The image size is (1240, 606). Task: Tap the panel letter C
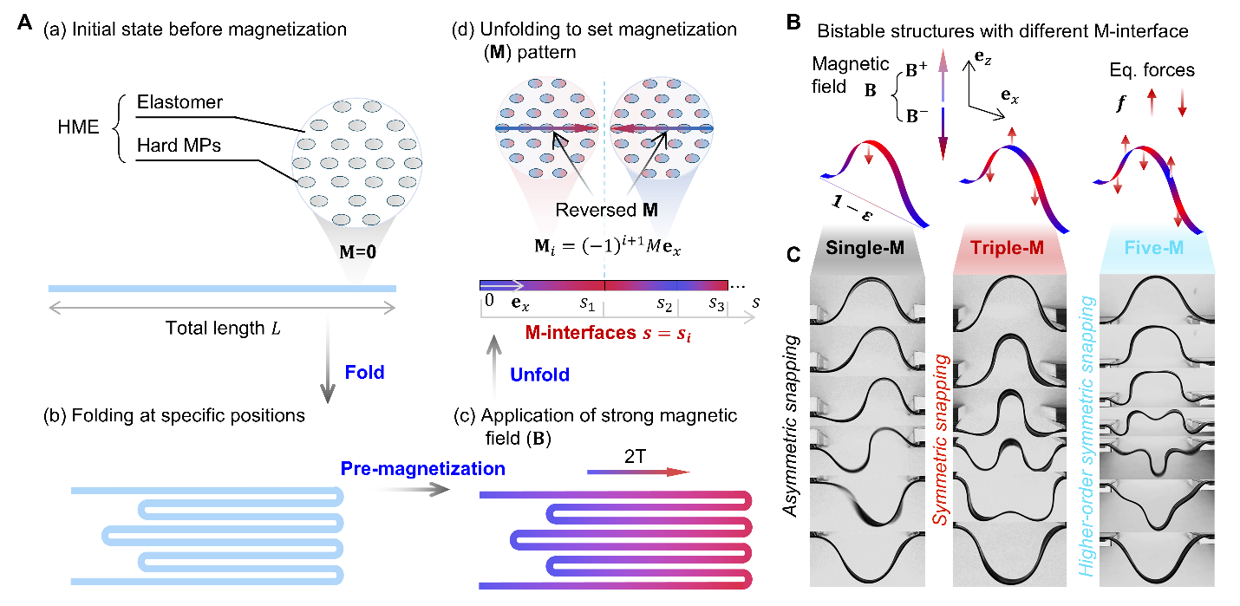coord(793,256)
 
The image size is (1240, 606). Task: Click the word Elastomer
coord(179,103)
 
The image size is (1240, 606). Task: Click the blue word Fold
coord(363,373)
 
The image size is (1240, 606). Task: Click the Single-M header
coord(865,246)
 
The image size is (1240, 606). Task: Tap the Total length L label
coord(220,329)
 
